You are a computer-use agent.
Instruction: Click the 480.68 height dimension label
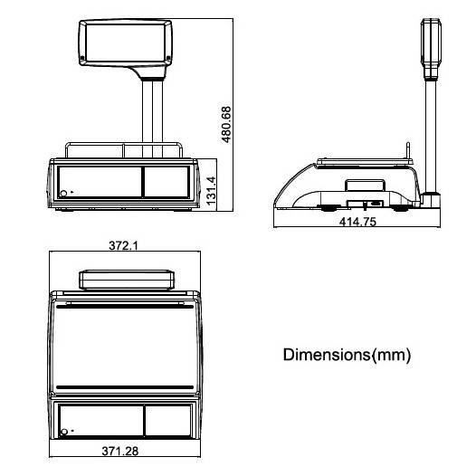tap(227, 124)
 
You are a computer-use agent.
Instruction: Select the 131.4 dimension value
tap(211, 191)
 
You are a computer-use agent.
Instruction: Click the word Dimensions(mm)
tap(347, 355)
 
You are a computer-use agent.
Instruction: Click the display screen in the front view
tap(125, 43)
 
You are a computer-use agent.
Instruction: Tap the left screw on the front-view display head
tap(83, 61)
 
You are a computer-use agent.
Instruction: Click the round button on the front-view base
tap(64, 192)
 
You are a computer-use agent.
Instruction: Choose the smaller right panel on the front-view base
tap(167, 181)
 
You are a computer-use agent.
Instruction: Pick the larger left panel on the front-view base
tap(98, 181)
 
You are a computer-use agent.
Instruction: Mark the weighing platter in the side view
tap(365, 160)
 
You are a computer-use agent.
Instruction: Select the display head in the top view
tap(125, 279)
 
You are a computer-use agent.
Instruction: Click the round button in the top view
tap(64, 432)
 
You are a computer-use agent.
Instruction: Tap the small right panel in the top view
tap(168, 421)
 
